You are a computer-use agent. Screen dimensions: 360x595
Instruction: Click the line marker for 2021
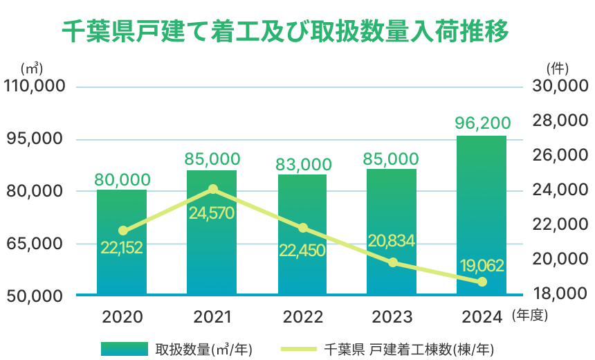coord(213,189)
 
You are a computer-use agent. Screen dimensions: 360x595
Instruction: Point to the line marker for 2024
coord(482,282)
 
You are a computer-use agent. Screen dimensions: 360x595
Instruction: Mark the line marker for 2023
coord(393,262)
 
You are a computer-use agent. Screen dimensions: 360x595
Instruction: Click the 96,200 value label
coord(482,123)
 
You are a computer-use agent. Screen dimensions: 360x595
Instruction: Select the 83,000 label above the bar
coord(302,163)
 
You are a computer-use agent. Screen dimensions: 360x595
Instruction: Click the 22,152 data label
coord(121,248)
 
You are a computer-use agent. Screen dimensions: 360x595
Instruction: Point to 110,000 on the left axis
coord(35,87)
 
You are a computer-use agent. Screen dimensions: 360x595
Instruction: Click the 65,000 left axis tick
coord(35,244)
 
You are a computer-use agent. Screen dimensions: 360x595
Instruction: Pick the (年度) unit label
coord(530,316)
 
